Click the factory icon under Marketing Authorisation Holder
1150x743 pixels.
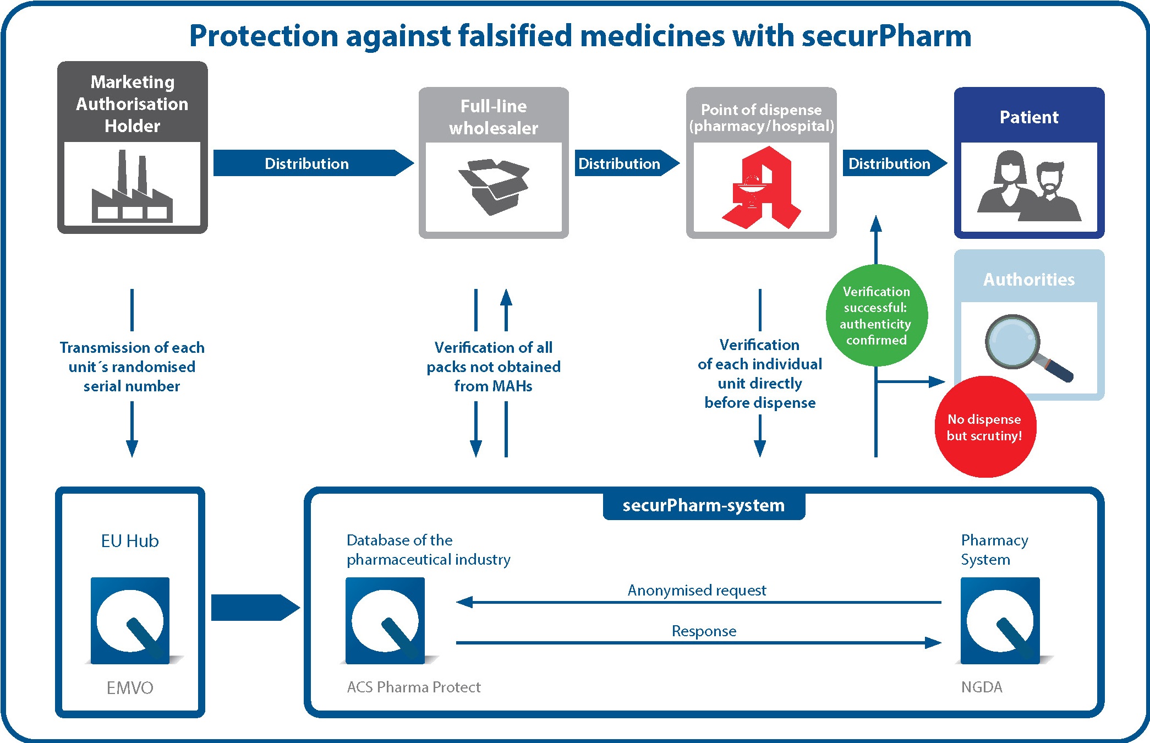tap(132, 190)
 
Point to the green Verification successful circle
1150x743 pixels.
tap(876, 315)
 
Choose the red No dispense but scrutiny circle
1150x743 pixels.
tap(985, 427)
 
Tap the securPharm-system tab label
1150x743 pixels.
tap(704, 505)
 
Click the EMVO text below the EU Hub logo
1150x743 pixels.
tap(130, 687)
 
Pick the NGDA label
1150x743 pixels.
tap(982, 687)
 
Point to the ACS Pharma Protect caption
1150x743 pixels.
tap(414, 687)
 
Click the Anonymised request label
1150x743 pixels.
tap(697, 590)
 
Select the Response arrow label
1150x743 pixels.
tap(704, 631)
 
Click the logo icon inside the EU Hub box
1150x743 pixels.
tap(130, 620)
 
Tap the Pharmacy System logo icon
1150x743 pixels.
tap(1000, 620)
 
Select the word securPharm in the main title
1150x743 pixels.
tap(886, 36)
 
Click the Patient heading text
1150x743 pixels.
tap(1029, 117)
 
